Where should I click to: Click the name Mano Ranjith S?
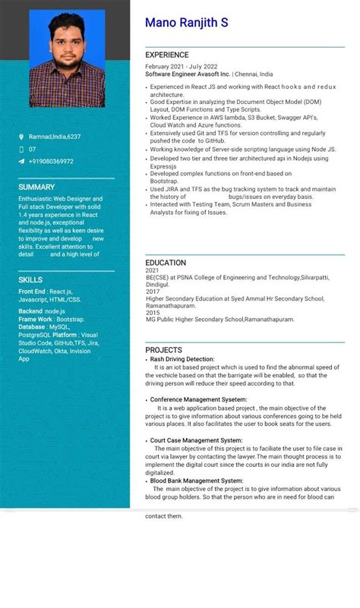pyautogui.click(x=186, y=24)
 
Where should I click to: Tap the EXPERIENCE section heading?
pyautogui.click(x=167, y=55)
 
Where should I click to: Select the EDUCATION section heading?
pyautogui.click(x=166, y=263)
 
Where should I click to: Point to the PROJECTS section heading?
pyautogui.click(x=164, y=350)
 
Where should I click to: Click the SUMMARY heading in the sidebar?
pyautogui.click(x=36, y=187)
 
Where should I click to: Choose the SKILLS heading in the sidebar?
pyautogui.click(x=30, y=280)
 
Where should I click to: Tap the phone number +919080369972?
pyautogui.click(x=51, y=161)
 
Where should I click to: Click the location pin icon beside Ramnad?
pyautogui.click(x=21, y=137)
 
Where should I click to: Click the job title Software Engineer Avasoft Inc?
pyautogui.click(x=188, y=74)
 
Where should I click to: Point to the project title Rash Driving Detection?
pyautogui.click(x=182, y=359)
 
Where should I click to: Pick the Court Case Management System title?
pyautogui.click(x=196, y=440)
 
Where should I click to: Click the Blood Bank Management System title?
pyautogui.click(x=196, y=480)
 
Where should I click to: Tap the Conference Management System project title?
pyautogui.click(x=198, y=399)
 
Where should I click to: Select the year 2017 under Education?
pyautogui.click(x=153, y=291)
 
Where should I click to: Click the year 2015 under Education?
pyautogui.click(x=153, y=313)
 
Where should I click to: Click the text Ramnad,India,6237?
pyautogui.click(x=55, y=137)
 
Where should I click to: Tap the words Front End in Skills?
pyautogui.click(x=31, y=291)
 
